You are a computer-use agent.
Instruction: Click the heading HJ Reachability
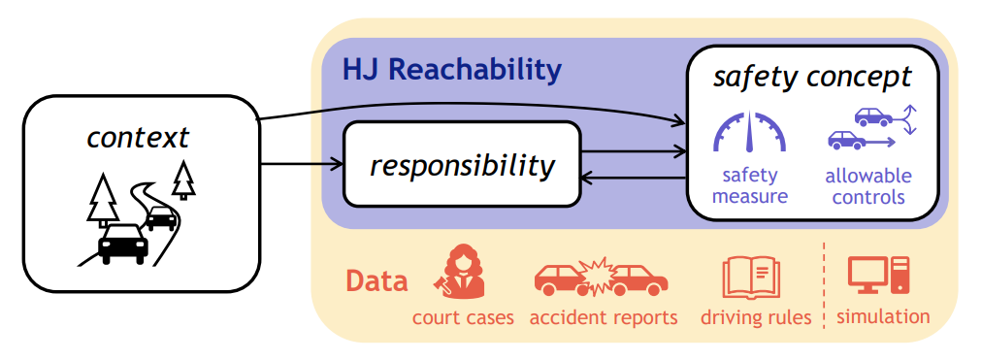click(x=451, y=70)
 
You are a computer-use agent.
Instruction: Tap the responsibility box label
click(x=462, y=165)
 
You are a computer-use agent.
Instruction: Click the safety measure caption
click(x=749, y=186)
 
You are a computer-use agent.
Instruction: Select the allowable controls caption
click(x=867, y=186)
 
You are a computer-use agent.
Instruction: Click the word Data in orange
click(x=376, y=281)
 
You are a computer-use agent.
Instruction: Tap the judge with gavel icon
click(x=461, y=274)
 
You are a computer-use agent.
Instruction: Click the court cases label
click(x=463, y=317)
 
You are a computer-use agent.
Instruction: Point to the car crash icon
click(x=601, y=278)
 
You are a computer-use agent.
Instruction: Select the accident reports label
click(x=604, y=317)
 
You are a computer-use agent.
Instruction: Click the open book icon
click(x=751, y=277)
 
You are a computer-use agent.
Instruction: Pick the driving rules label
click(x=755, y=317)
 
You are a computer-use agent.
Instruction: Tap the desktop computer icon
click(x=878, y=276)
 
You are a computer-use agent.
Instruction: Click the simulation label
click(x=882, y=316)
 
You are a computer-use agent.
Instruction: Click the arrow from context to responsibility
click(x=302, y=163)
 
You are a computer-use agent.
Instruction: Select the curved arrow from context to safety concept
click(x=466, y=108)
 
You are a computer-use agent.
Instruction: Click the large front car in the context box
click(x=123, y=243)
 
